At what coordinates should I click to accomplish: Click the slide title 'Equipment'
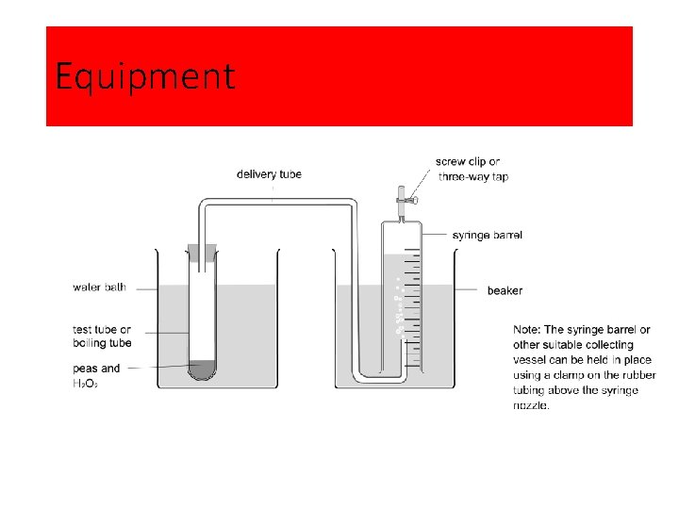pyautogui.click(x=145, y=76)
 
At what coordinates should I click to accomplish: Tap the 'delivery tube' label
pyautogui.click(x=269, y=174)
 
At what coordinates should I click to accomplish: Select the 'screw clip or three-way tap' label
pyautogui.click(x=472, y=170)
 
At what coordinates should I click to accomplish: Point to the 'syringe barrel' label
pyautogui.click(x=487, y=235)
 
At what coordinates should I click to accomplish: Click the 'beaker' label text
pyautogui.click(x=505, y=290)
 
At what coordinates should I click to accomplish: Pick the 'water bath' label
pyautogui.click(x=99, y=287)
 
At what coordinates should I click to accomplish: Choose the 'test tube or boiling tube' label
pyautogui.click(x=102, y=337)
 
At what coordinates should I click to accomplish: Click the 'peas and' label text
pyautogui.click(x=96, y=369)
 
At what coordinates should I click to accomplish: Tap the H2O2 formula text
pyautogui.click(x=86, y=384)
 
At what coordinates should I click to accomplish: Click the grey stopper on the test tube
pyautogui.click(x=202, y=253)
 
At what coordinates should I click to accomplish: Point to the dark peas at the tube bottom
pyautogui.click(x=202, y=369)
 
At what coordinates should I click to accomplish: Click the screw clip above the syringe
pyautogui.click(x=403, y=197)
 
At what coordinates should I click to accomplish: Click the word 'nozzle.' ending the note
pyautogui.click(x=532, y=405)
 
